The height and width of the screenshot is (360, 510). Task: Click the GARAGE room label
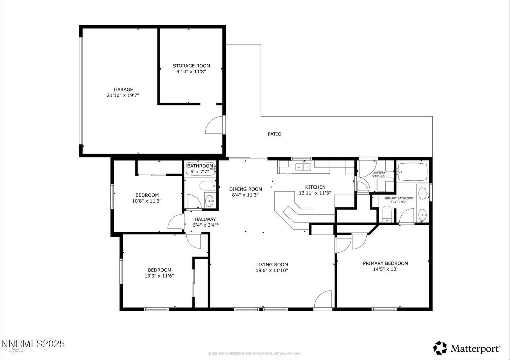(x=123, y=90)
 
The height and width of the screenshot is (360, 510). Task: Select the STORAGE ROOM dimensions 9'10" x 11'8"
(x=191, y=72)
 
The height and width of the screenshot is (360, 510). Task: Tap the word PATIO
(x=274, y=134)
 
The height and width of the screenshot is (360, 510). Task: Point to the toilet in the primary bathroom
(x=386, y=214)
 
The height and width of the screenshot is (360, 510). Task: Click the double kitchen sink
(x=303, y=167)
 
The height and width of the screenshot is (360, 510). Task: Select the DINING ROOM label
(x=245, y=189)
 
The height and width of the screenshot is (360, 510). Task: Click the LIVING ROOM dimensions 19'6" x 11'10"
(x=272, y=270)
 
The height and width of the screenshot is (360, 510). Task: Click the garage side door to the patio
(x=215, y=125)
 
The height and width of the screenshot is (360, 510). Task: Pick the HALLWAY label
(x=205, y=219)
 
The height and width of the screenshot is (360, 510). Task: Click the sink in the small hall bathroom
(x=209, y=201)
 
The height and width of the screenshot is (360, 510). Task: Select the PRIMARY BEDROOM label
(x=385, y=263)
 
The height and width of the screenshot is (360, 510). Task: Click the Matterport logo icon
(x=440, y=348)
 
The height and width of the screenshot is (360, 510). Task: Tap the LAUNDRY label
(x=379, y=172)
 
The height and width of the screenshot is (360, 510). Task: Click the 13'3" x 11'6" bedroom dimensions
(x=159, y=276)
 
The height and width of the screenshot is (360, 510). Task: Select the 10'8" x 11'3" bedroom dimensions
(x=147, y=201)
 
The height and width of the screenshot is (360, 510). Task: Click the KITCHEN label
(x=315, y=187)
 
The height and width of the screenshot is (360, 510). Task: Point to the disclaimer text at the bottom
(x=254, y=353)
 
